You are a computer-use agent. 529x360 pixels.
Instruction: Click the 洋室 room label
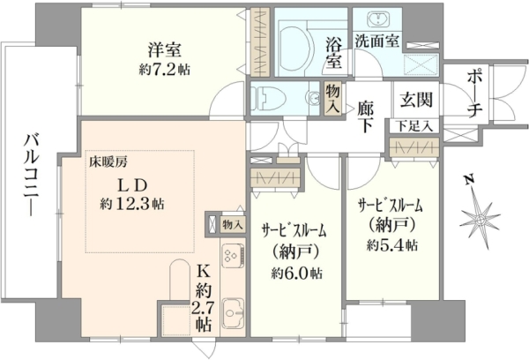[x=165, y=50]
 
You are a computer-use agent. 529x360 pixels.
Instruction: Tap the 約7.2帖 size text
[x=165, y=69]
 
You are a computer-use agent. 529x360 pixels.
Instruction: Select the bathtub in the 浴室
[x=292, y=49]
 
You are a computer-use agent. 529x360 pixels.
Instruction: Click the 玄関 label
[x=416, y=100]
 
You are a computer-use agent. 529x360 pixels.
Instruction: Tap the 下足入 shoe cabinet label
[x=414, y=126]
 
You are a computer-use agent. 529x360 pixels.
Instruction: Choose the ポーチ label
[x=474, y=94]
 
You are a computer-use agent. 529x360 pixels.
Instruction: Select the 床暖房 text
[x=108, y=162]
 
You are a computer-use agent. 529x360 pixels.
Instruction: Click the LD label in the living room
[x=132, y=185]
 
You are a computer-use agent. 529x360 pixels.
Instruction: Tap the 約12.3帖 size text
[x=132, y=204]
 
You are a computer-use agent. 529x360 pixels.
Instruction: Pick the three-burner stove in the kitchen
[x=233, y=255]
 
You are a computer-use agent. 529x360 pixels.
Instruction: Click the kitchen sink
[x=233, y=312]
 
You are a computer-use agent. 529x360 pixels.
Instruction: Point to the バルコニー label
[x=32, y=174]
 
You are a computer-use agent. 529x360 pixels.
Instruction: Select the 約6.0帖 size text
[x=296, y=274]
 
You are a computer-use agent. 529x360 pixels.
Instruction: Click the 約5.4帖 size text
[x=392, y=244]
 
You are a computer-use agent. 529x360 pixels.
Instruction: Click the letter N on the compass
[x=469, y=181]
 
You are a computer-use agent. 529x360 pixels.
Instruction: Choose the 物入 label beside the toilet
[x=332, y=99]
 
